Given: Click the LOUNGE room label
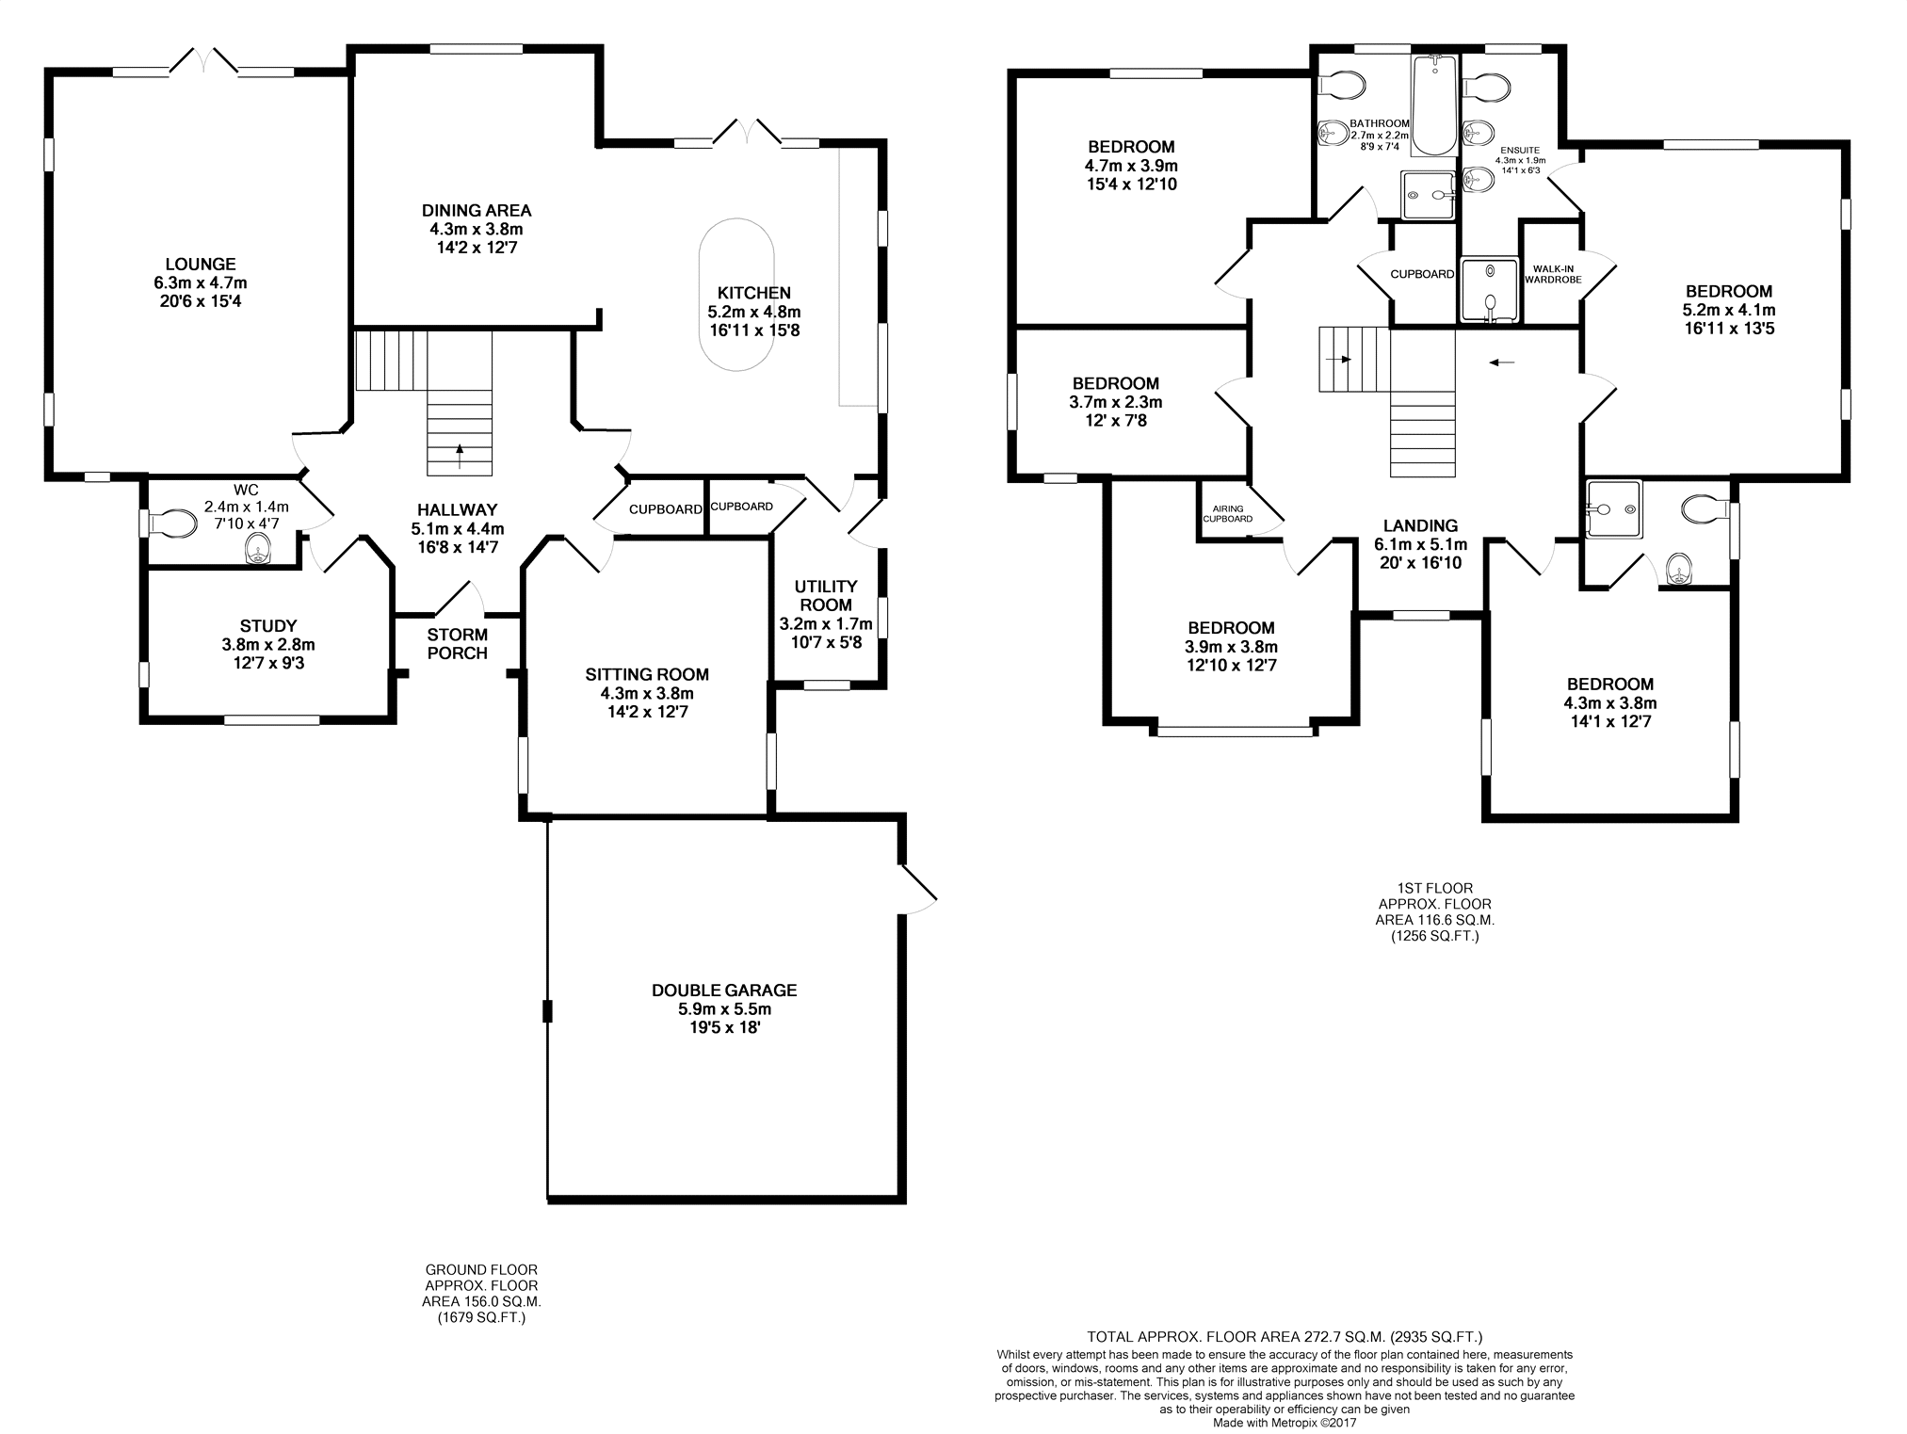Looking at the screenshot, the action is pyautogui.click(x=201, y=265).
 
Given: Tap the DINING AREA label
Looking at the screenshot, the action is pyautogui.click(x=477, y=211).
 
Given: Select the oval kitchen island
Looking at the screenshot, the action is pyautogui.click(x=736, y=295).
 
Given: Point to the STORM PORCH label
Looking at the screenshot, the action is pyautogui.click(x=458, y=644).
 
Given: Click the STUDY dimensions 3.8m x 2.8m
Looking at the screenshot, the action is pyautogui.click(x=268, y=645).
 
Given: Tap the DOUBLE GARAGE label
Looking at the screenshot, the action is pyautogui.click(x=724, y=991).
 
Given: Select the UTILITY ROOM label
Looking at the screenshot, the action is pyautogui.click(x=826, y=596).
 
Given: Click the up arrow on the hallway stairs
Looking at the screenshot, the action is pyautogui.click(x=460, y=457).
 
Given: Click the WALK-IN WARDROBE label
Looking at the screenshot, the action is pyautogui.click(x=1553, y=274).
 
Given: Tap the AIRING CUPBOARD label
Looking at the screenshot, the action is pyautogui.click(x=1228, y=514).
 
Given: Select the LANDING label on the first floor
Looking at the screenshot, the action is pyautogui.click(x=1420, y=526).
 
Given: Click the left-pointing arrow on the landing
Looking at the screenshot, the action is pyautogui.click(x=1503, y=361).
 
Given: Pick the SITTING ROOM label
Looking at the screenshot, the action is pyautogui.click(x=647, y=674).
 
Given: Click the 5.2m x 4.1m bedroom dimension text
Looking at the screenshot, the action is pyautogui.click(x=1729, y=310).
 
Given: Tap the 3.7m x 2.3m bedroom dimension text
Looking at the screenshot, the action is pyautogui.click(x=1116, y=402).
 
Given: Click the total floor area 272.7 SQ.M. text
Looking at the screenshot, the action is pyautogui.click(x=1285, y=1336).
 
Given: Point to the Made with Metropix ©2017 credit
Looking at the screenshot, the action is pyautogui.click(x=1285, y=1423).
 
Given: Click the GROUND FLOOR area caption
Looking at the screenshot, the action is pyautogui.click(x=481, y=1294).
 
